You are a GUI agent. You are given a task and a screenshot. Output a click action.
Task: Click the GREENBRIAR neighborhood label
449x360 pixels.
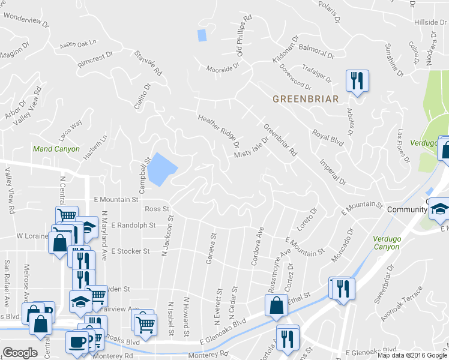[x=306, y=98]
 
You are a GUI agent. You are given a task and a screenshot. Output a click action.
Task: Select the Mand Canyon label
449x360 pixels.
[x=56, y=149]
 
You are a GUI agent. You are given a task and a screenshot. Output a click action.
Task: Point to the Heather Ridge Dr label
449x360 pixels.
[x=219, y=132]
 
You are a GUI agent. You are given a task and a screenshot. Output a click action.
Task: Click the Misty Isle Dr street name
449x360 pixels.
[x=251, y=148]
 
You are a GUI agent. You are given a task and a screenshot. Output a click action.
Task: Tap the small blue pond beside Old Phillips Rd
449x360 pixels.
[x=202, y=35]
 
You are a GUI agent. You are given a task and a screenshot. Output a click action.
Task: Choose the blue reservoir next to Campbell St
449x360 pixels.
[x=160, y=169]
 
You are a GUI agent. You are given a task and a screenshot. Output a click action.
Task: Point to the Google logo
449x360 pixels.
[x=20, y=353]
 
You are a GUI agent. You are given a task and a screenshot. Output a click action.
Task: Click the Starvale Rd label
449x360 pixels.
[x=149, y=62]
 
